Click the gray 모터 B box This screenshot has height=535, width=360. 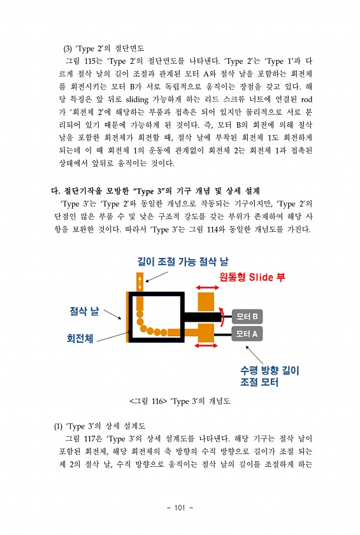tap(247, 317)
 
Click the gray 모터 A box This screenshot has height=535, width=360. tap(247, 334)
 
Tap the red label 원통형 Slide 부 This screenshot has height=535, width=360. tap(252, 276)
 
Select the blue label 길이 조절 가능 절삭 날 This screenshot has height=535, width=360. tap(183, 262)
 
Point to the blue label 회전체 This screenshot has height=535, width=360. tap(80, 338)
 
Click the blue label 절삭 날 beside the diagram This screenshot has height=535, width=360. tap(84, 311)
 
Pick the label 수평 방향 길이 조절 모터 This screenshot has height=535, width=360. tap(270, 376)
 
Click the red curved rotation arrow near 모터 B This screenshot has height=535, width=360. tap(222, 317)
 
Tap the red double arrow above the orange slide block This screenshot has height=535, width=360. tap(207, 289)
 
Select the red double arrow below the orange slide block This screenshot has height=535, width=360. tap(206, 346)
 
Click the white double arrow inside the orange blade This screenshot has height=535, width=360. tap(140, 282)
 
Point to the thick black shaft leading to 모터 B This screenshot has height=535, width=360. tap(202, 317)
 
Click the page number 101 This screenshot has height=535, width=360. tap(180, 508)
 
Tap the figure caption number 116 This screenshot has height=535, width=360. tap(157, 401)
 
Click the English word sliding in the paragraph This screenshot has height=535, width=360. tap(137, 99)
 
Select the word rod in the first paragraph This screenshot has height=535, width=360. tap(306, 99)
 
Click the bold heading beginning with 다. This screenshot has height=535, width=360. tap(155, 190)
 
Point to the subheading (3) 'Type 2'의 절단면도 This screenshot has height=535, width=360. tap(104, 48)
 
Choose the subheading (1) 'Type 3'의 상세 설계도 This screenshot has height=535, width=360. tap(99, 426)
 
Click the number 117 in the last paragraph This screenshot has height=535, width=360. tap(90, 439)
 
